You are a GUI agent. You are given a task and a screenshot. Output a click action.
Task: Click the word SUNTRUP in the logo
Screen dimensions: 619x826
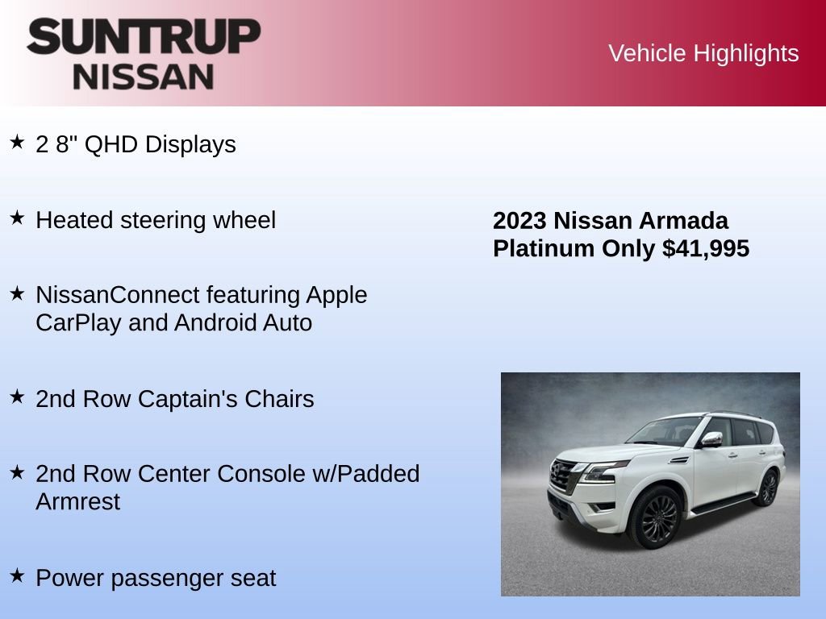tap(144, 36)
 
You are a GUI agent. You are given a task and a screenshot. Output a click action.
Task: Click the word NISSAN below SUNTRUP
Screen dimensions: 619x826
tap(144, 77)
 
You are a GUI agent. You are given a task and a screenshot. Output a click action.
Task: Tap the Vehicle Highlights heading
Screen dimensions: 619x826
tap(703, 53)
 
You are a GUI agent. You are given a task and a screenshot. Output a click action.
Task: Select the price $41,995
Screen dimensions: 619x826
tap(706, 248)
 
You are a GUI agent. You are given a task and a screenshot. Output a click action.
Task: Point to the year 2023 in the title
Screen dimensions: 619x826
tap(520, 221)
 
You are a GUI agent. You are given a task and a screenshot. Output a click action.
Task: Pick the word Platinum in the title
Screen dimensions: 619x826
tap(544, 248)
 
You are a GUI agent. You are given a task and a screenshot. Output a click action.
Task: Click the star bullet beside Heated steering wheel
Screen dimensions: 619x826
tap(17, 218)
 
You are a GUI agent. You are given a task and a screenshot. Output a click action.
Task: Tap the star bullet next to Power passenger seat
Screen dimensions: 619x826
tap(17, 575)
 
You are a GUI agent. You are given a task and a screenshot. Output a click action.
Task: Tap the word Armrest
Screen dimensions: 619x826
tap(77, 501)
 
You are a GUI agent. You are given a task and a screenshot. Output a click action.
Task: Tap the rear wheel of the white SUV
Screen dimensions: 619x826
tap(767, 488)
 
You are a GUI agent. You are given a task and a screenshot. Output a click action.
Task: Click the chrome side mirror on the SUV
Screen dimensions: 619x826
tap(711, 438)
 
